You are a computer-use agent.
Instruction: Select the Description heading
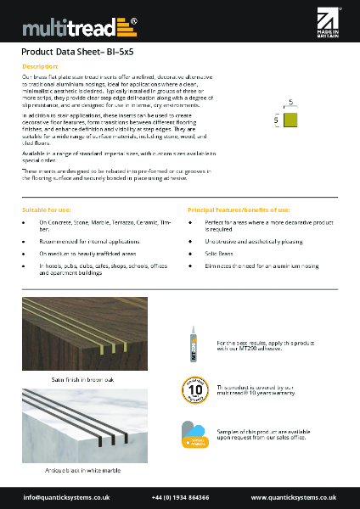point(40,66)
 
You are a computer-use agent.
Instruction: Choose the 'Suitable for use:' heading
point(47,208)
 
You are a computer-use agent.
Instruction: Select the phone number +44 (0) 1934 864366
point(180,496)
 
